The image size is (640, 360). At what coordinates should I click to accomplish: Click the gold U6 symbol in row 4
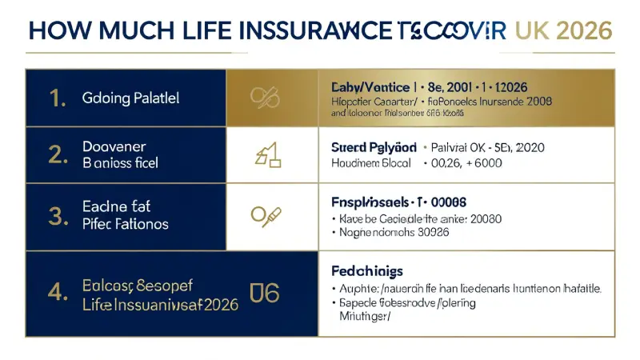tap(265, 292)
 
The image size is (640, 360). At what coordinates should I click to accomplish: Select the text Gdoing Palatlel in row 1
tap(130, 98)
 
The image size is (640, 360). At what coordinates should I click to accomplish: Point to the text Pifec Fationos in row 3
tap(126, 224)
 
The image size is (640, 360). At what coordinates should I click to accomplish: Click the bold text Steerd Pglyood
tap(374, 147)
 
